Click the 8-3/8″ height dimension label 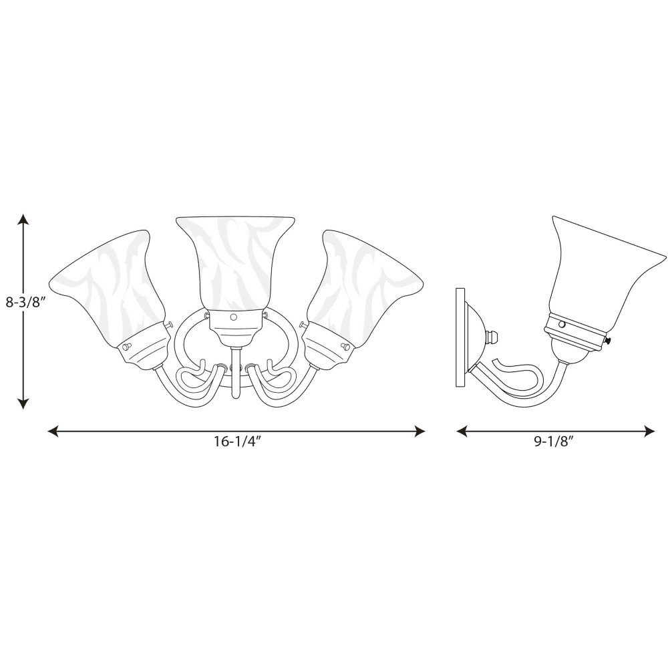click(x=25, y=303)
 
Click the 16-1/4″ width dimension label click(x=237, y=442)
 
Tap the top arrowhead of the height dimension click(x=23, y=219)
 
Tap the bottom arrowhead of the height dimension click(x=23, y=403)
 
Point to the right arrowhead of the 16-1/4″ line click(x=420, y=432)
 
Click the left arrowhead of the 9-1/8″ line click(x=462, y=431)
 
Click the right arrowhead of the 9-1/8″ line click(x=649, y=431)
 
